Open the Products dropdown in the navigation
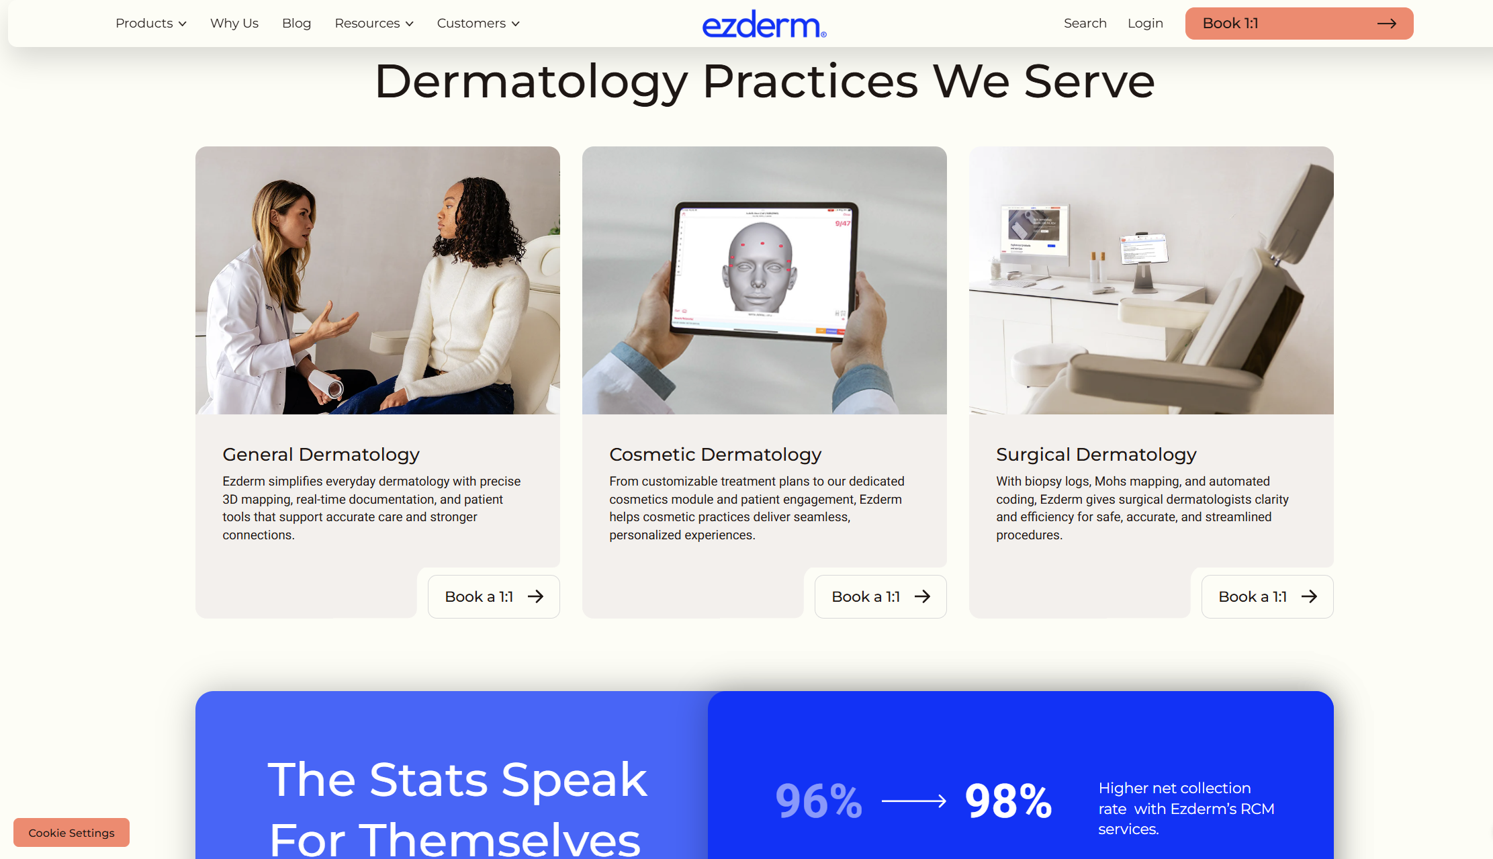point(150,24)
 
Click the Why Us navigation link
point(234,24)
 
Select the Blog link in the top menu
point(296,24)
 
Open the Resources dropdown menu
point(373,24)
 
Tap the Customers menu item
point(478,24)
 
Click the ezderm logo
point(764,24)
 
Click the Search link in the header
point(1085,24)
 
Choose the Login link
point(1145,24)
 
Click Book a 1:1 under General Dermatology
point(494,596)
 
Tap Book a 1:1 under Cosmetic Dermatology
point(880,596)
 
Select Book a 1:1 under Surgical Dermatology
point(1267,596)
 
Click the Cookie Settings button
point(71,833)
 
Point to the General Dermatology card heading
point(321,455)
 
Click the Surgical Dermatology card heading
point(1096,455)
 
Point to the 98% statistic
point(1008,801)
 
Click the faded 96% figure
point(819,801)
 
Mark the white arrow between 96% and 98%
point(913,801)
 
